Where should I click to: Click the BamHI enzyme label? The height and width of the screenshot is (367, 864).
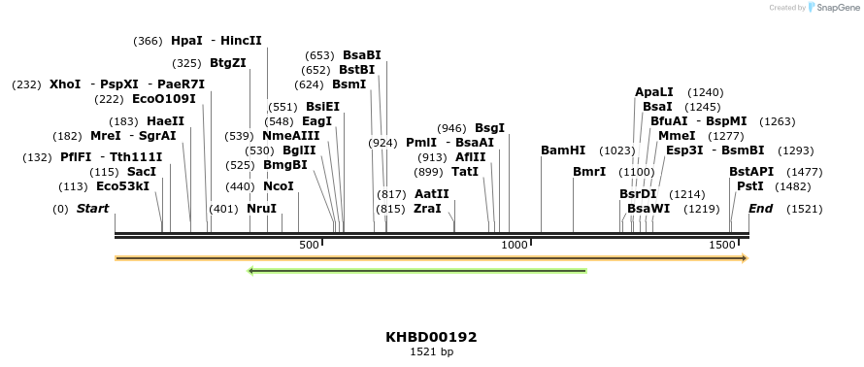click(x=563, y=150)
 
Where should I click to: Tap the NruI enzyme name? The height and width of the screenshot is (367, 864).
click(x=261, y=209)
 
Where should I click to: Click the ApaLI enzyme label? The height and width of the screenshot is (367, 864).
click(x=653, y=92)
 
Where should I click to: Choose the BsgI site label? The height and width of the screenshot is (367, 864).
click(x=489, y=128)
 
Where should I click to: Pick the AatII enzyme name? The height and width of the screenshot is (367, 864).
click(x=431, y=194)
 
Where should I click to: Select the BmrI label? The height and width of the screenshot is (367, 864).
click(x=589, y=172)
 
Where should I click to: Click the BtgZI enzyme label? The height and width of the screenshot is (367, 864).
click(x=228, y=63)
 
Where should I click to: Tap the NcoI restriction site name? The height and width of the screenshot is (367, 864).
click(x=279, y=186)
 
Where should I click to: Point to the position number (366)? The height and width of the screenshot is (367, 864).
click(x=148, y=41)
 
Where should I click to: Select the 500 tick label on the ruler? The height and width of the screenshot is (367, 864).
click(x=309, y=246)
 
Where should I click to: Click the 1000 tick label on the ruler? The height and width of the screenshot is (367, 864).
click(x=514, y=246)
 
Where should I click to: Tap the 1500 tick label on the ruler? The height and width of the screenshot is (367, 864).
click(x=722, y=246)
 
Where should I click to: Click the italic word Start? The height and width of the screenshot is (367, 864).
click(x=92, y=209)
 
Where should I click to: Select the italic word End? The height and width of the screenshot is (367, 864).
click(x=761, y=209)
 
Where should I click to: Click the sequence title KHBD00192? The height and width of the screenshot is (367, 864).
click(x=431, y=337)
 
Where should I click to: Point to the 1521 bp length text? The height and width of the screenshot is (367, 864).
click(x=431, y=352)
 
